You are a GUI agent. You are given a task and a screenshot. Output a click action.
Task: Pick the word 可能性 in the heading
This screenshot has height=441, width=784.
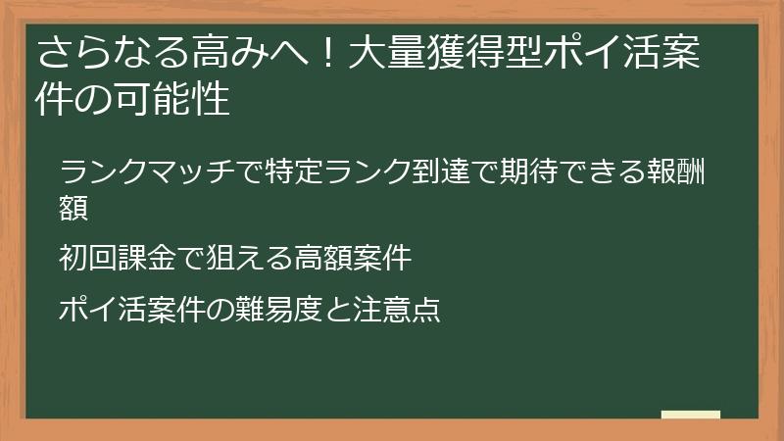coord(180,100)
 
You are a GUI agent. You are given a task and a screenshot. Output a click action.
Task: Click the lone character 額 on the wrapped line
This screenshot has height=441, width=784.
coord(74,208)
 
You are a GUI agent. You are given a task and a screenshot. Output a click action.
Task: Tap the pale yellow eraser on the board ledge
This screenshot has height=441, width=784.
coord(690,416)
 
